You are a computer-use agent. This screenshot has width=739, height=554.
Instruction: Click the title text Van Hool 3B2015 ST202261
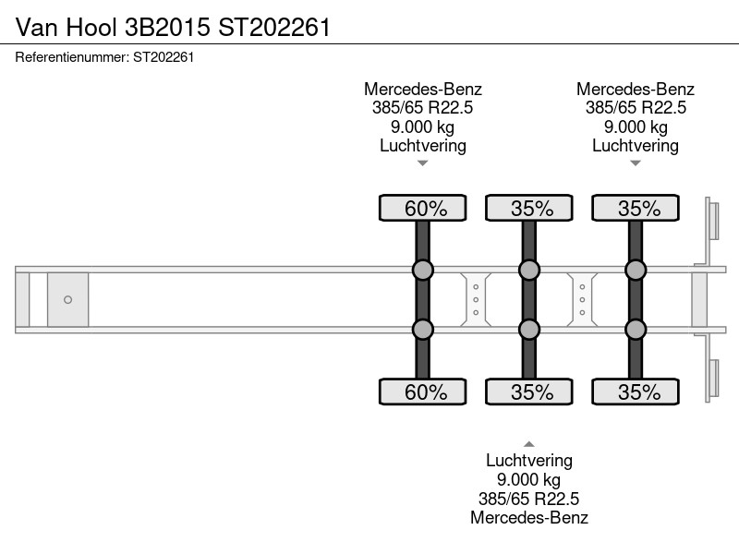(173, 27)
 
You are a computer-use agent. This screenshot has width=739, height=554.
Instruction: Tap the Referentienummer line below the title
(104, 57)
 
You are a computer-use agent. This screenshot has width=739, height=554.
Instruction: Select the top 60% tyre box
(423, 208)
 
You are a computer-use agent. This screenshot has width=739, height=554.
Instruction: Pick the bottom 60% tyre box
(423, 391)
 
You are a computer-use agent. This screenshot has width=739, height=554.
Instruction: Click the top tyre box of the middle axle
(529, 208)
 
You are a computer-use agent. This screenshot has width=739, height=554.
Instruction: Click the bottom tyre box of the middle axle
(529, 391)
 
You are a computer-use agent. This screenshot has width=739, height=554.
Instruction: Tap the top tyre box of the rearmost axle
(636, 208)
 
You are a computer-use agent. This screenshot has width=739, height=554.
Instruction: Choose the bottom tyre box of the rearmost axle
(636, 391)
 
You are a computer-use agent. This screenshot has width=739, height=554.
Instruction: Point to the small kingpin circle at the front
(67, 299)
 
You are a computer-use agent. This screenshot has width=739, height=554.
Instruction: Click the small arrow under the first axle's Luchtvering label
(423, 163)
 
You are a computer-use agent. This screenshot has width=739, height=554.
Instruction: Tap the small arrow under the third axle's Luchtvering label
(636, 163)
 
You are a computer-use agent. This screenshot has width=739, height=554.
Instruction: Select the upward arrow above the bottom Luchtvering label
(529, 444)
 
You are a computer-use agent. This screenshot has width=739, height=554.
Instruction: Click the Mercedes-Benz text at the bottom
(529, 517)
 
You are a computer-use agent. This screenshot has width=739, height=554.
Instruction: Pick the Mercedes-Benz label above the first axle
(423, 89)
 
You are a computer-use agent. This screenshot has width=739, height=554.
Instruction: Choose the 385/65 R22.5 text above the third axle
(636, 108)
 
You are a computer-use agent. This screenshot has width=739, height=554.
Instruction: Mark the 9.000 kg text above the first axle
(423, 126)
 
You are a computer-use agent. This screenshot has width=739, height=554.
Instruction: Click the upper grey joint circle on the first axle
(423, 270)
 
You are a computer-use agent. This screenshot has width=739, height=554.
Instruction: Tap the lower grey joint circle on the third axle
(636, 330)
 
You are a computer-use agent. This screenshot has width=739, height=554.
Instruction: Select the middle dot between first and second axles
(476, 299)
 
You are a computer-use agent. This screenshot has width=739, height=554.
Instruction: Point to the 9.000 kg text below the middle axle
(528, 479)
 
